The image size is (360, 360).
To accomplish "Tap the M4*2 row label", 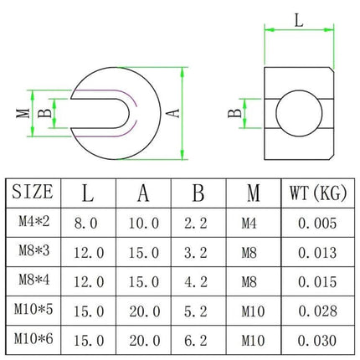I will (32, 223).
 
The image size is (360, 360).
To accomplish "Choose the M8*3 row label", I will (32, 252).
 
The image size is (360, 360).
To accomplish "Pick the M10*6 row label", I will (32, 340).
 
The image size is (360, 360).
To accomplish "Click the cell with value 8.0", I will (87, 223).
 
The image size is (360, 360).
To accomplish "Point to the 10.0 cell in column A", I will (142, 223).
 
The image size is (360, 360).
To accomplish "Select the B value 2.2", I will (198, 223).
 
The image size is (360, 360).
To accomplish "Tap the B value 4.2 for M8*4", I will (198, 281).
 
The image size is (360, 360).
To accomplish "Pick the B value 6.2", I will (198, 340).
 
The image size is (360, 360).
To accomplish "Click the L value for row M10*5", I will (87, 311).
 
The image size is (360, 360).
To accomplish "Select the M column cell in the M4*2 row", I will (250, 223).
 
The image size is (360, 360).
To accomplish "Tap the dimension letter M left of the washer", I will (22, 112).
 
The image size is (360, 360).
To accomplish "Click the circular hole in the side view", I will (299, 111).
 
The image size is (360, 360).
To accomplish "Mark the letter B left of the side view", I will (238, 111).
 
